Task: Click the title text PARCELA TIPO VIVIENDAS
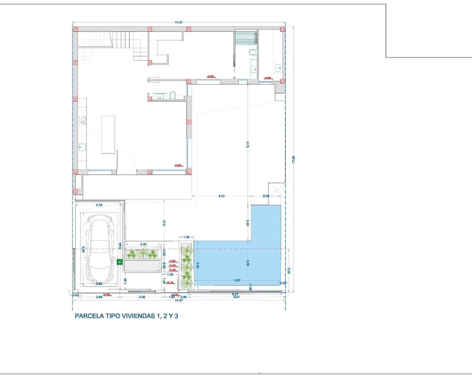[126, 316]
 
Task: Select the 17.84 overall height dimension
[294, 159]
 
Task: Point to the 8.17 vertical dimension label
[248, 145]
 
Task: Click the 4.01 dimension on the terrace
[221, 196]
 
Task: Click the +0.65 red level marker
[172, 261]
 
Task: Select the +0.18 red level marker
[170, 282]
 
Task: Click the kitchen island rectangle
[108, 134]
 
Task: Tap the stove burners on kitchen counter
[83, 120]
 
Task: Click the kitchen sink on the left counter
[82, 147]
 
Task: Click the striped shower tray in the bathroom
[245, 38]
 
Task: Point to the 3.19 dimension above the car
[99, 205]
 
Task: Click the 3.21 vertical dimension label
[164, 223]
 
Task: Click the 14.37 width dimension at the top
[179, 23]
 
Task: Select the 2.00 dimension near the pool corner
[266, 196]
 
